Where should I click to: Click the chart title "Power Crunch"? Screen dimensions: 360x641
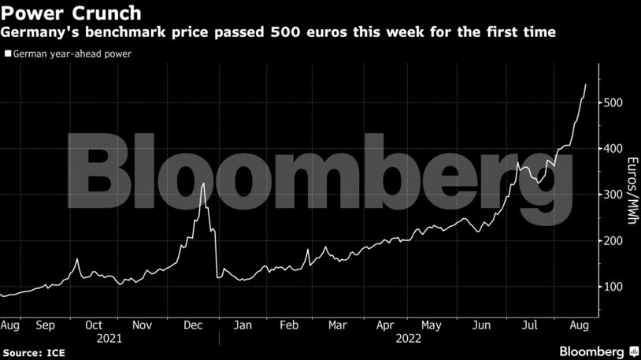pos(72,13)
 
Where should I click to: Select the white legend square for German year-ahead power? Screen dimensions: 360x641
pos(8,54)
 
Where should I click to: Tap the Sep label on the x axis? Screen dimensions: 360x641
pos(45,325)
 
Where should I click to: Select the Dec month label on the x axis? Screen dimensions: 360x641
pos(191,325)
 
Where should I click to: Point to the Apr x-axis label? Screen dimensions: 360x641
pos(385,325)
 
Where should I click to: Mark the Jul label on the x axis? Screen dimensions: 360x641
pos(530,325)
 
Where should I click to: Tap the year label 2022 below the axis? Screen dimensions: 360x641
pos(409,339)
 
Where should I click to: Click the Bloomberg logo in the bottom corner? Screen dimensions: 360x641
pos(591,349)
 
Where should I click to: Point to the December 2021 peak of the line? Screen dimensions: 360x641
pos(204,184)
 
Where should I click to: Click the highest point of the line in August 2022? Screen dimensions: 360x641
pos(585,84)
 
